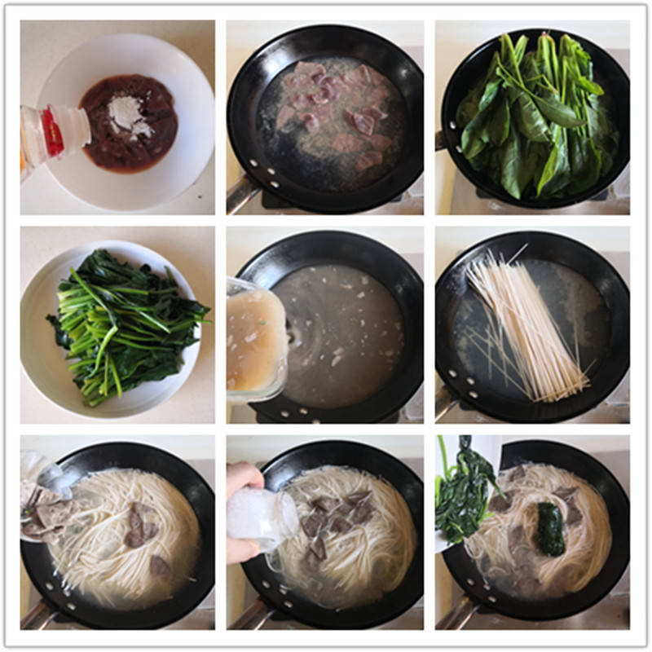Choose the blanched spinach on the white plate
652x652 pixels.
(x=122, y=326)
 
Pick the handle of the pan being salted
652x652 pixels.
(x=244, y=615)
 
